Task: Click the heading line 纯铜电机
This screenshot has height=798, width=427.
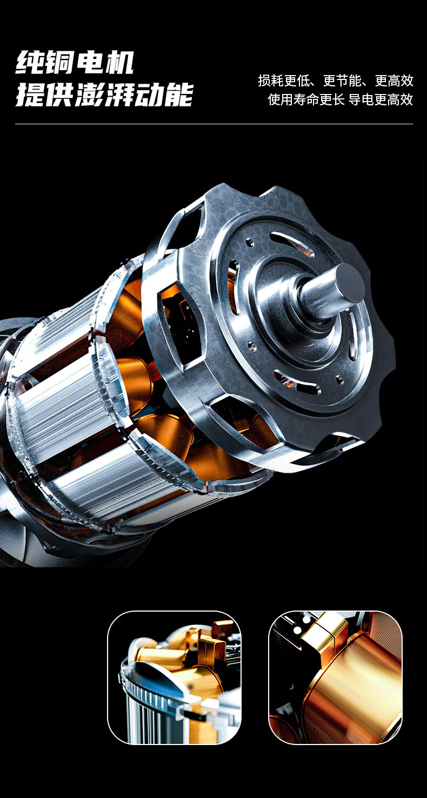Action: [x=75, y=62]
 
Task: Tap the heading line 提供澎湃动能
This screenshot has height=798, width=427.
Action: [x=104, y=95]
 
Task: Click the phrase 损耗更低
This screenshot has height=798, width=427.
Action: [x=284, y=81]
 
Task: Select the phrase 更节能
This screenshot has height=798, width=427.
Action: [x=342, y=81]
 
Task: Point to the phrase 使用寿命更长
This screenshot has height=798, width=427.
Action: [x=306, y=99]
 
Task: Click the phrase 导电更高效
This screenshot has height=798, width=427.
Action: [x=381, y=99]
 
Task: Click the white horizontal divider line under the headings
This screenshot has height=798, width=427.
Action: [x=214, y=124]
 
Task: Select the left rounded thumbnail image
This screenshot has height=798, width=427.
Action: [x=174, y=678]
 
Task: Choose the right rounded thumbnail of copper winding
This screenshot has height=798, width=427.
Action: [x=336, y=678]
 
